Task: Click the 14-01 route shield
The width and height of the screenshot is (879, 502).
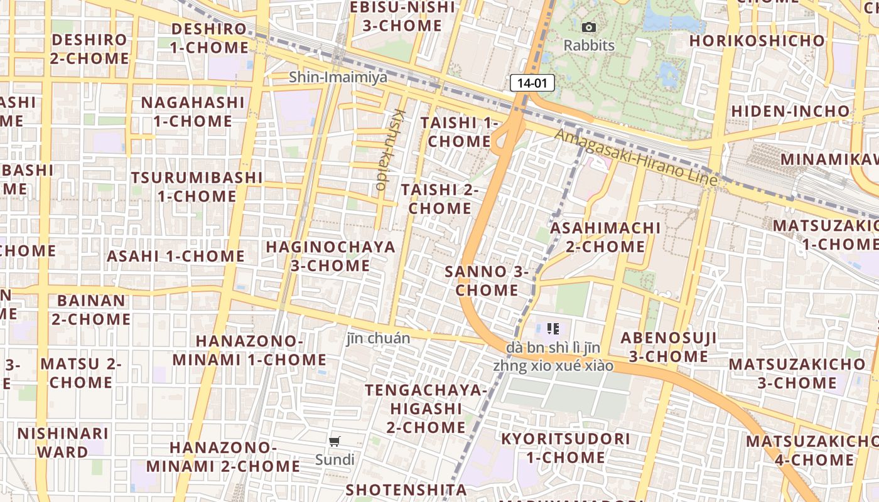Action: (532, 82)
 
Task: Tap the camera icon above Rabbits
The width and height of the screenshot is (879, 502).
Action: (588, 27)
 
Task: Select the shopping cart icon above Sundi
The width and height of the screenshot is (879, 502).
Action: (335, 442)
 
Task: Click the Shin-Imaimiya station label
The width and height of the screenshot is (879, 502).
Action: (338, 77)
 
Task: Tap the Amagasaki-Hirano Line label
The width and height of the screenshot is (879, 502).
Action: (635, 157)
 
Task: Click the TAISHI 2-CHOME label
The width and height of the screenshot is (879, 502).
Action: (439, 198)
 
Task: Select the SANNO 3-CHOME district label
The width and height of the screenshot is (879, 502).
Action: (487, 280)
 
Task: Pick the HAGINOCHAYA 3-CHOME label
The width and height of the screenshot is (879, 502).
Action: (330, 256)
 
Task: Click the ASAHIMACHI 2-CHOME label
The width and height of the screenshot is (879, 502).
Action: (605, 237)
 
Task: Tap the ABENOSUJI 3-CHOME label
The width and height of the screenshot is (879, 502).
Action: (668, 347)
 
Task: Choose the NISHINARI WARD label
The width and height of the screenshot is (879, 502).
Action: (63, 442)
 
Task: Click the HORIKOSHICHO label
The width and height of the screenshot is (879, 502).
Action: (757, 41)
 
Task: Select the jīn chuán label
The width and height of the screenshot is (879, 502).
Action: (378, 339)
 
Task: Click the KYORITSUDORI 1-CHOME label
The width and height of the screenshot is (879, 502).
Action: (565, 447)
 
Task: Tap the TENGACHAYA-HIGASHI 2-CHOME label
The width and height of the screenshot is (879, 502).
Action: (426, 409)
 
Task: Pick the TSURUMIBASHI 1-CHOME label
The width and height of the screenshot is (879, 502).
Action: (197, 186)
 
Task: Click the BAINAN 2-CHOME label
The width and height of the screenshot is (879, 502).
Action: (91, 309)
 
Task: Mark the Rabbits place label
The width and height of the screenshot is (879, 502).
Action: (588, 45)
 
